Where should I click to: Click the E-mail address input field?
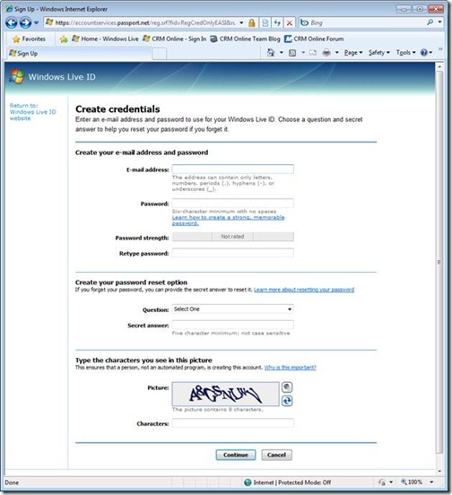coord(232,169)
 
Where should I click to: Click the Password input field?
coord(232,204)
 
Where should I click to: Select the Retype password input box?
coord(232,253)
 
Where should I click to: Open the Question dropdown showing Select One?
coord(232,309)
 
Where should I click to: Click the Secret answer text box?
coord(232,325)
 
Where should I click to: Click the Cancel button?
coord(278,455)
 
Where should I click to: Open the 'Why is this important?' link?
coord(290,368)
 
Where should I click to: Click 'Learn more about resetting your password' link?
coord(304,291)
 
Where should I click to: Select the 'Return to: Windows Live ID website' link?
coord(32,111)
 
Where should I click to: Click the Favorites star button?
coord(29,39)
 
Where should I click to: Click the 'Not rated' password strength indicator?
coord(232,237)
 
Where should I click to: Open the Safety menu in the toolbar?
coord(378,53)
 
